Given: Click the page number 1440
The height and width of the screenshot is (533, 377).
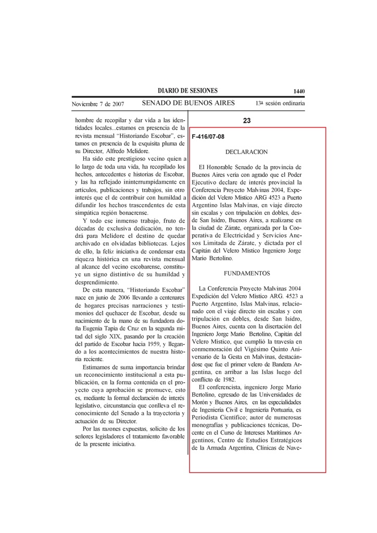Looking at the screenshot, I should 298,91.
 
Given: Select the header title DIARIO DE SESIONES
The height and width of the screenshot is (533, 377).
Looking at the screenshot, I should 188,91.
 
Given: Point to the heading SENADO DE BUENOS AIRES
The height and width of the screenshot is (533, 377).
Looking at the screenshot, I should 188,103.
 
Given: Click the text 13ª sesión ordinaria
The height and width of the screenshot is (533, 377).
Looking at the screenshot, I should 280,104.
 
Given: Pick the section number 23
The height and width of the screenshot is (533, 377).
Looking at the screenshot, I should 247,121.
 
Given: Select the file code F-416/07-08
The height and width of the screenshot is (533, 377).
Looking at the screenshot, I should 208,136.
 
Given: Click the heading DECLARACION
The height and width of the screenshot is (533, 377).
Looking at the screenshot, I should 246,152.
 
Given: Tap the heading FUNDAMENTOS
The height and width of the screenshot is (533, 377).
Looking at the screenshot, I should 247,273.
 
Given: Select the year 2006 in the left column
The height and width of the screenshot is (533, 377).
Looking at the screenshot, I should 124,296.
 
